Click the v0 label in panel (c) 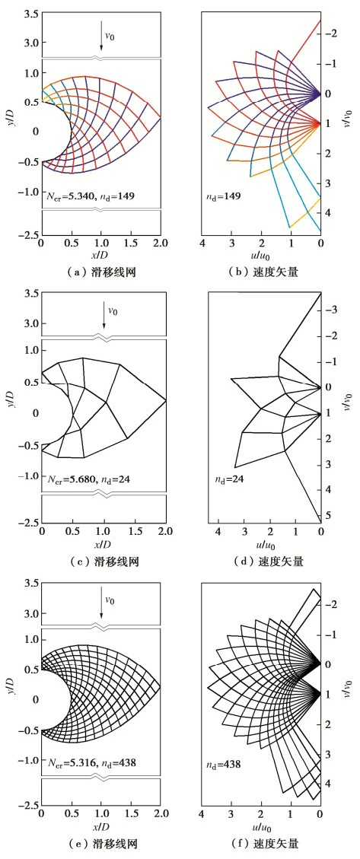[x=113, y=312]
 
